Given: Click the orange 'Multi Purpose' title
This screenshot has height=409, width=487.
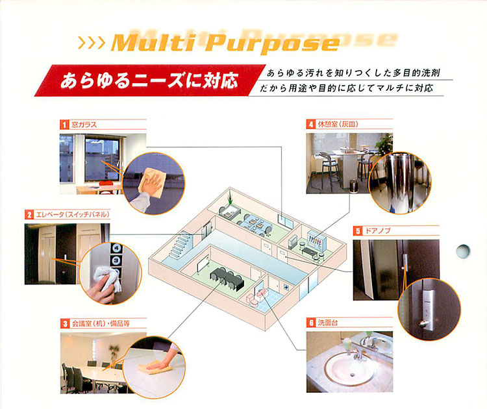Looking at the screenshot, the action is tap(225, 43).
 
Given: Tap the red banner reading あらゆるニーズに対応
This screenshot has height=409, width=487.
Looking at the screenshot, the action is tap(149, 81).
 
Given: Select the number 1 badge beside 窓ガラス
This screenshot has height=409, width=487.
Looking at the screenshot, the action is tap(64, 125).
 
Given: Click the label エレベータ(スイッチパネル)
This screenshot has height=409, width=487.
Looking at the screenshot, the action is tap(73, 215).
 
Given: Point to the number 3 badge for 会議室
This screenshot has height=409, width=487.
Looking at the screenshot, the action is tap(65, 324).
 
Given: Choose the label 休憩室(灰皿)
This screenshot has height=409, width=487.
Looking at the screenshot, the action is tap(338, 124).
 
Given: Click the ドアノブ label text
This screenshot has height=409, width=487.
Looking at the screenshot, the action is tap(377, 230).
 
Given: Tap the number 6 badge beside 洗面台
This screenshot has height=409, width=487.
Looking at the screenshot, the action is tap(311, 323).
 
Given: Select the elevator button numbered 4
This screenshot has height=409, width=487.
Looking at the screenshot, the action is tap(116, 248).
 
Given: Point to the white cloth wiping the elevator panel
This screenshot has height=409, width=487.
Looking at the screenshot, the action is tap(107, 278).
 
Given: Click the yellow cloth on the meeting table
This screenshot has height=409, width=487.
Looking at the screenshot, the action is tap(155, 367).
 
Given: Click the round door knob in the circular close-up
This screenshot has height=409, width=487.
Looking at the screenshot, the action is tap(423, 324).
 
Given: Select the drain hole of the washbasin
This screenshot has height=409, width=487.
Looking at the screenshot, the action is tap(352, 375).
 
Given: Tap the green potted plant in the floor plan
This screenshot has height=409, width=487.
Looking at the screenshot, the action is tap(230, 198).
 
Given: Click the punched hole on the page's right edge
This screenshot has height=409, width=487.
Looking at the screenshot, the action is tap(463, 251).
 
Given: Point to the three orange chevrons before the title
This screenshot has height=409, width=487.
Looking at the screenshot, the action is tap(91, 43).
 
